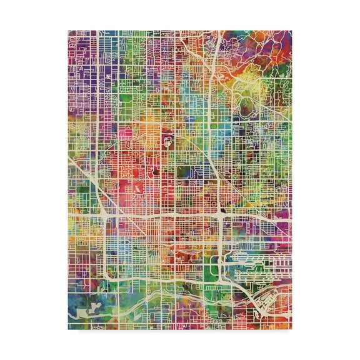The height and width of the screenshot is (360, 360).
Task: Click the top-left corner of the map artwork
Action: pyautogui.click(x=68, y=30)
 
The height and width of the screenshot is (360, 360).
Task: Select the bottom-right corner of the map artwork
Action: pyautogui.click(x=292, y=329)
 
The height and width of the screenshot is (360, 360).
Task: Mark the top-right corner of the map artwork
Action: pyautogui.click(x=292, y=30)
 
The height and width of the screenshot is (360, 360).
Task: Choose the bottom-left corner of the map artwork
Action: pyautogui.click(x=68, y=329)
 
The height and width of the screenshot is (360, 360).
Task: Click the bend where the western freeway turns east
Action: pyautogui.click(x=110, y=275)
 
